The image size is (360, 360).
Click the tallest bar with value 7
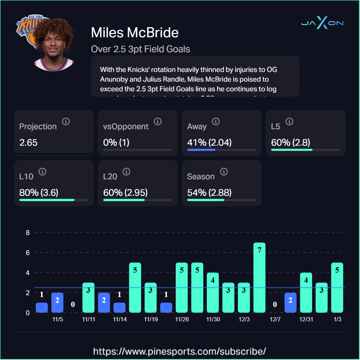tap(259, 277)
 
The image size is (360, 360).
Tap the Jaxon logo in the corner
tap(322, 23)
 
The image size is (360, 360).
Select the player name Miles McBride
tap(135, 33)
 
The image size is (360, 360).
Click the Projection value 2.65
tap(28, 142)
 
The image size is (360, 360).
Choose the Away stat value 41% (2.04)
tap(209, 142)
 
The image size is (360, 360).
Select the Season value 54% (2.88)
tap(209, 193)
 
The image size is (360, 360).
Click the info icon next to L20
tap(126, 172)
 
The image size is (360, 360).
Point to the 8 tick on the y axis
tap(28, 233)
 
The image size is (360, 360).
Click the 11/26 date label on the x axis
tap(182, 319)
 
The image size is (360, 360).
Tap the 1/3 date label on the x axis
tap(337, 319)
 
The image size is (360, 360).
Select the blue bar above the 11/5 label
tap(57, 302)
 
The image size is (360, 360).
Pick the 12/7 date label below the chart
tap(275, 319)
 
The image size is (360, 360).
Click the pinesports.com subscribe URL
tap(180, 351)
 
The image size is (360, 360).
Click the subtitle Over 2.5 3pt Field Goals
tap(140, 49)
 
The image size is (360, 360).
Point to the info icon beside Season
tap(224, 172)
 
